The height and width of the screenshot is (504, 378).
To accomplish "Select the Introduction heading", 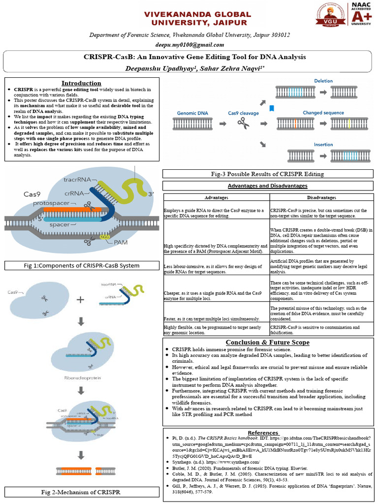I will pyautogui.click(x=81, y=83).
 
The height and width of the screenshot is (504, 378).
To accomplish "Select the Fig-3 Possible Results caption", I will pyautogui.click(x=267, y=174).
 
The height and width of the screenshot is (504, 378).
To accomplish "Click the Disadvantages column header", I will pyautogui.click(x=321, y=197).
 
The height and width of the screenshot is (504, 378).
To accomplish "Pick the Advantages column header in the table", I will pyautogui.click(x=216, y=197).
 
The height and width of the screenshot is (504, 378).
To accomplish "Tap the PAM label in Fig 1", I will pyautogui.click(x=121, y=243).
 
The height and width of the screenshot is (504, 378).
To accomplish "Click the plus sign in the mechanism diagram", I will pyautogui.click(x=80, y=299).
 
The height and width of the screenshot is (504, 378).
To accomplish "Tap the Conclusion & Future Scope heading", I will pyautogui.click(x=267, y=342).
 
